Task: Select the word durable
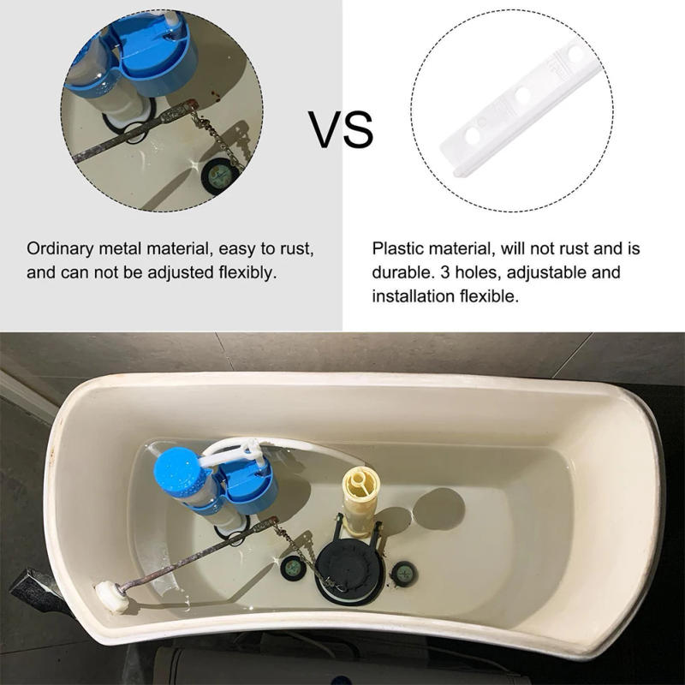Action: click(400, 273)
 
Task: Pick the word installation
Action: click(413, 297)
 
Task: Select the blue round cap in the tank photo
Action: click(177, 471)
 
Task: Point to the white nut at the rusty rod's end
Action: click(111, 597)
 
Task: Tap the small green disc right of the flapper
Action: click(401, 572)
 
